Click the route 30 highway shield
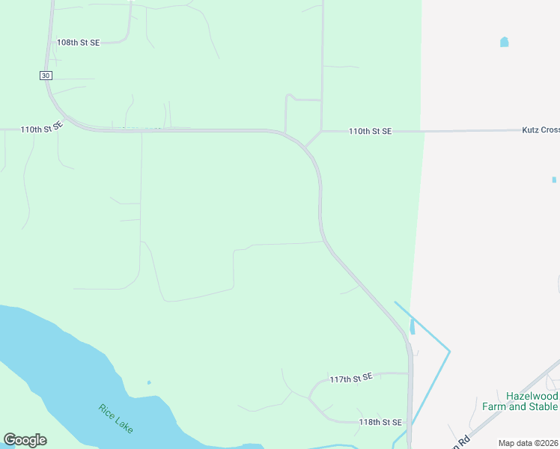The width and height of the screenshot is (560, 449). tap(46, 75)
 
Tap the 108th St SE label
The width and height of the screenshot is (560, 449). tap(78, 43)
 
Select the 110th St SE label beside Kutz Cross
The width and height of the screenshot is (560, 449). tap(370, 132)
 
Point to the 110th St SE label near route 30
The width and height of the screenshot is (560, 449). tap(42, 129)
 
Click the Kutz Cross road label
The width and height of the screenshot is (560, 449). tap(540, 130)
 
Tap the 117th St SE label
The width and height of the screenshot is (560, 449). tap(351, 379)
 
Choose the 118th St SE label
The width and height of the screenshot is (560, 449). tap(380, 422)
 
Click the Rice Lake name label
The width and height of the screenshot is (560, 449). tap(115, 418)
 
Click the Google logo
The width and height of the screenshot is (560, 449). tap(25, 440)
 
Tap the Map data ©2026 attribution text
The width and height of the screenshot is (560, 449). tap(528, 443)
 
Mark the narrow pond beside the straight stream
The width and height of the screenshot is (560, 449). tap(413, 326)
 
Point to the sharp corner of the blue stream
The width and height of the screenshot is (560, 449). tap(449, 350)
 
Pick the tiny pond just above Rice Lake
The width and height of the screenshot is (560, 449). tap(149, 382)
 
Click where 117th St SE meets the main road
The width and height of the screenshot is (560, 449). tap(409, 373)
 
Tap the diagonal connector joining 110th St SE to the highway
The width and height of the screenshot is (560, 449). tap(313, 139)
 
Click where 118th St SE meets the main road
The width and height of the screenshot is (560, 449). tap(409, 423)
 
